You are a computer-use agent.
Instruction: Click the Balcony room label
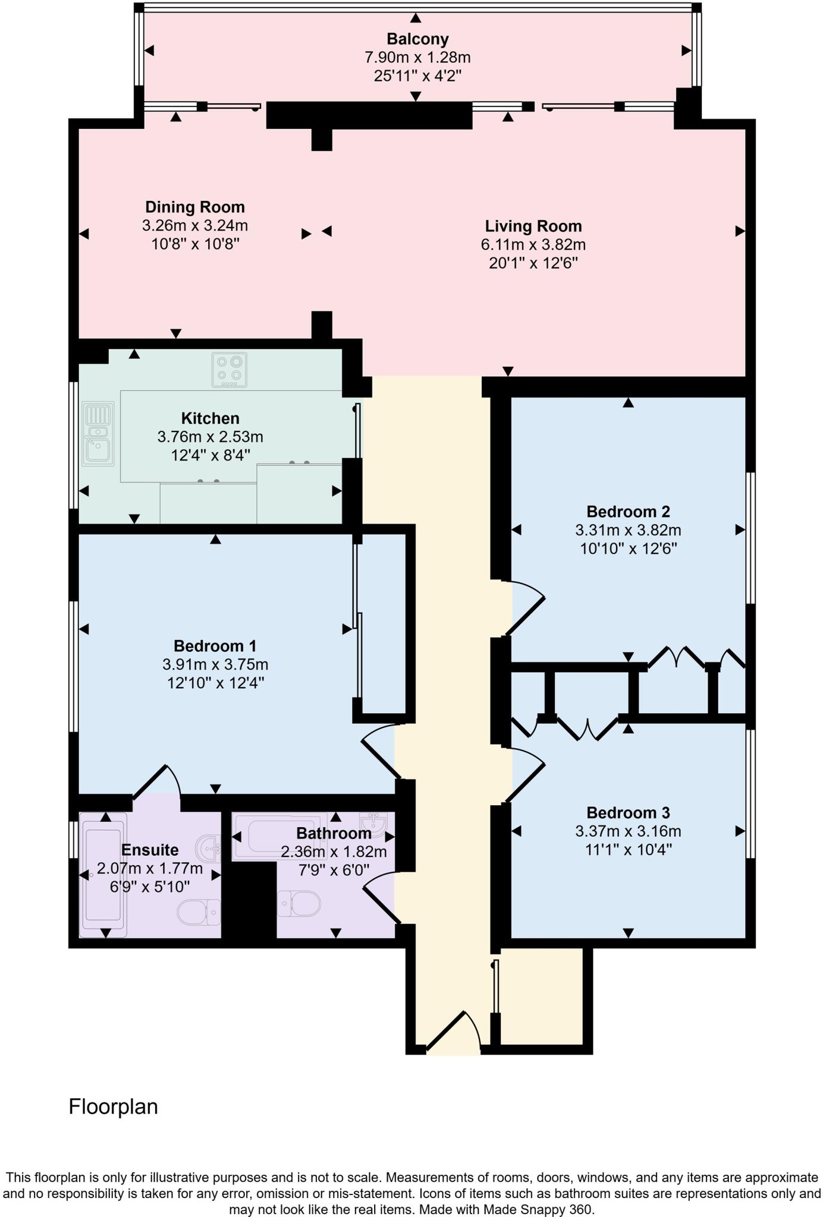tap(417, 39)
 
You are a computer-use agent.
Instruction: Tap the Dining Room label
tap(195, 207)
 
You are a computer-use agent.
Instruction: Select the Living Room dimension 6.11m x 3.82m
tap(533, 245)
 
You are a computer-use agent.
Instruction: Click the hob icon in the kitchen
tap(230, 370)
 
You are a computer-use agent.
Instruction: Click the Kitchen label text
tap(210, 418)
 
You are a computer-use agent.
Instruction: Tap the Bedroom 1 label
tap(215, 646)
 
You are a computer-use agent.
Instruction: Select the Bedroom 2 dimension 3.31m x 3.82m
tap(628, 530)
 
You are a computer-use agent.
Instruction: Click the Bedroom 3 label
tap(628, 813)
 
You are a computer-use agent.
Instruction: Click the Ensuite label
tap(149, 850)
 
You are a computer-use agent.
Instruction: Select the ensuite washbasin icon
tap(208, 849)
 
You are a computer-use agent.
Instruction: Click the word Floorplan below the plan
tap(113, 1107)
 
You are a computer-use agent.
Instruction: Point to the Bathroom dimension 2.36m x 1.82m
tap(334, 852)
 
